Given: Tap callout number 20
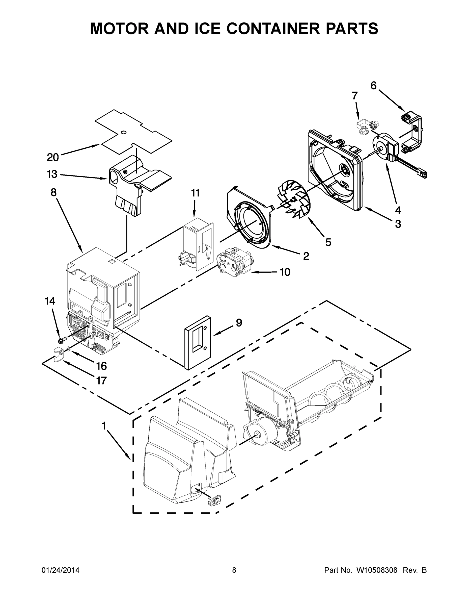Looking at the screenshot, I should click(x=53, y=157).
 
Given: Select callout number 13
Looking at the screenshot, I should click(x=52, y=174).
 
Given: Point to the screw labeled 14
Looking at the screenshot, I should click(x=63, y=339).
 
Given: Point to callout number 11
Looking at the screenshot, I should click(x=195, y=193).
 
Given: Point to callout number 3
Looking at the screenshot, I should click(x=398, y=224).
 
